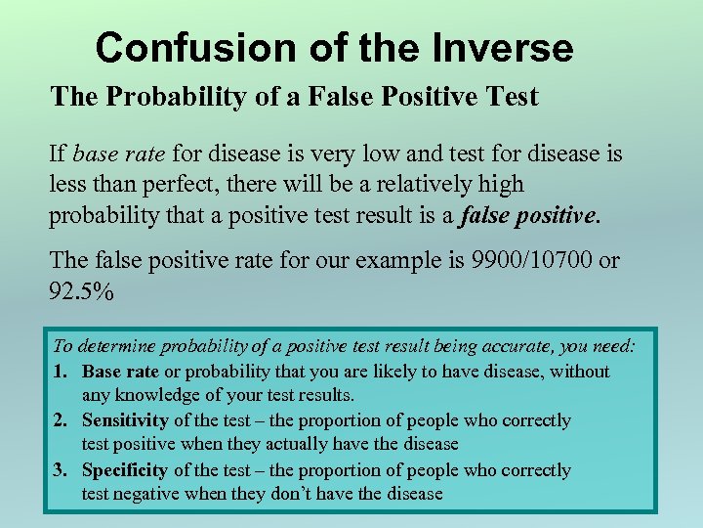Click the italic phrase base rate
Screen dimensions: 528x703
pyautogui.click(x=119, y=154)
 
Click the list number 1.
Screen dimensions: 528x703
pyautogui.click(x=61, y=372)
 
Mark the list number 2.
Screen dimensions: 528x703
pyautogui.click(x=61, y=420)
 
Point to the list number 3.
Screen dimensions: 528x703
pyautogui.click(x=61, y=469)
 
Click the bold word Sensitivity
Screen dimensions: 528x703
pyautogui.click(x=125, y=420)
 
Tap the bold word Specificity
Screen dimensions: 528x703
pyautogui.click(x=126, y=469)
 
